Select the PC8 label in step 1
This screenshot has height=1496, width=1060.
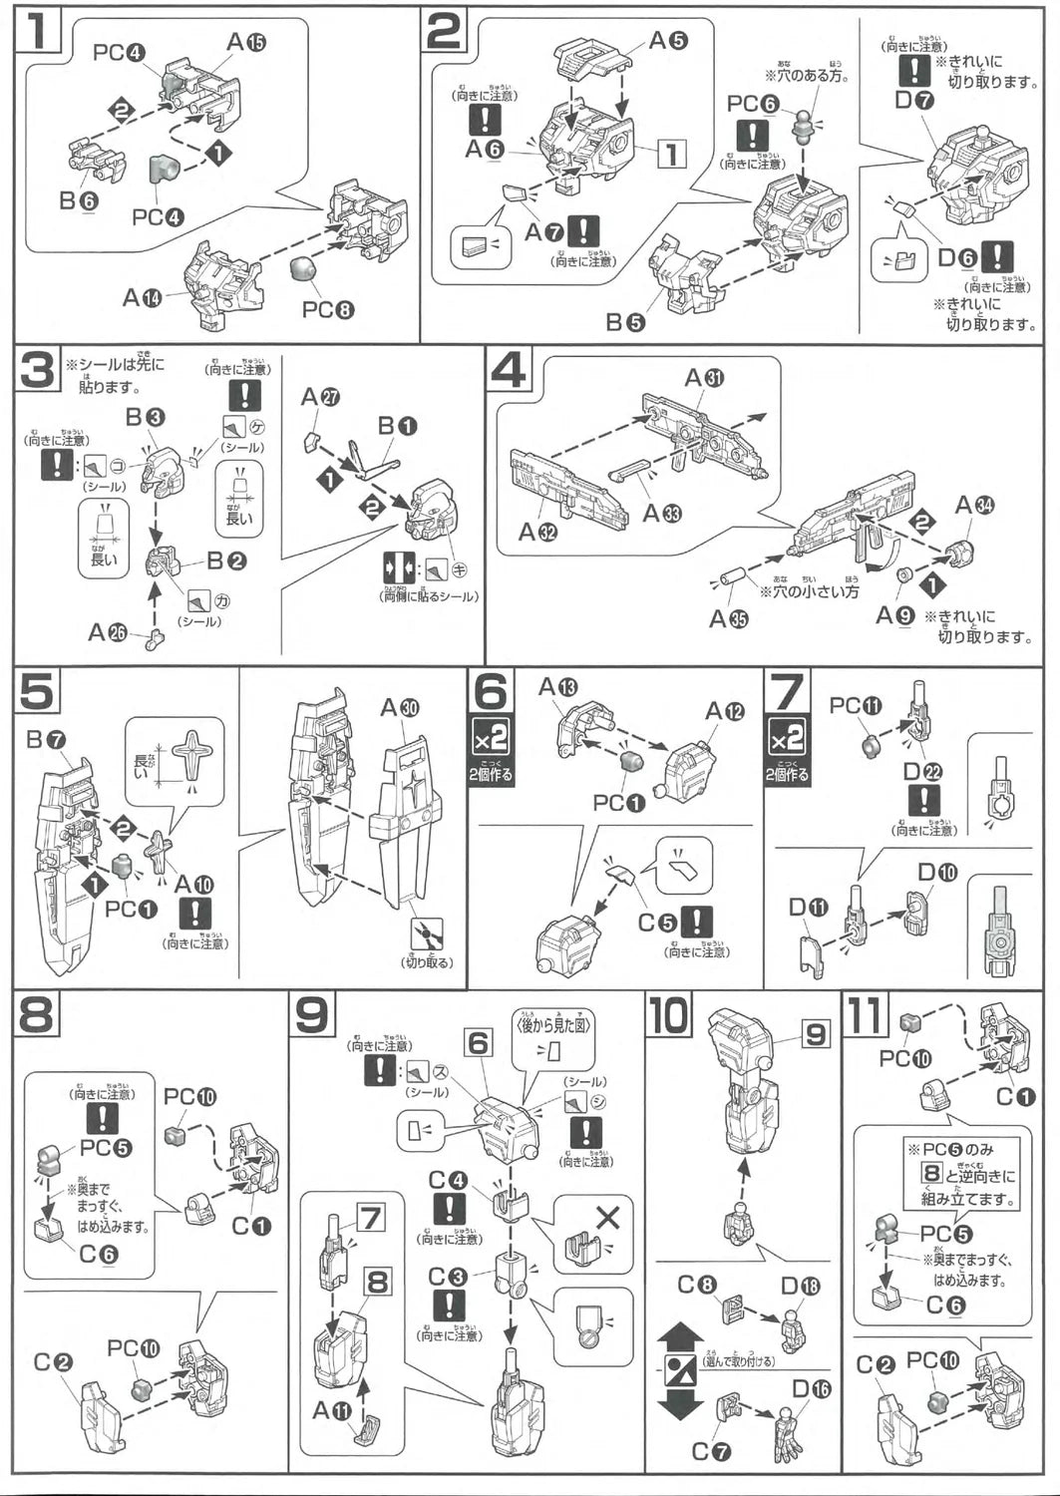point(328,310)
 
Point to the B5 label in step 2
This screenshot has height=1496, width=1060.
point(625,321)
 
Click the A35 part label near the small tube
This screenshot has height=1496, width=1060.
point(728,619)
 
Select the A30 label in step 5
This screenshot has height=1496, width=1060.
point(400,708)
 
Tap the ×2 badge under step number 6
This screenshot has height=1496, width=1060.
point(491,739)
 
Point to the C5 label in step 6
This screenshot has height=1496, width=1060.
point(656,923)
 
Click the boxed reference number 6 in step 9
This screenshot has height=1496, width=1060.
point(479,1043)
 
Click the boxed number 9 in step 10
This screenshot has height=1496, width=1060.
point(816,1034)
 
